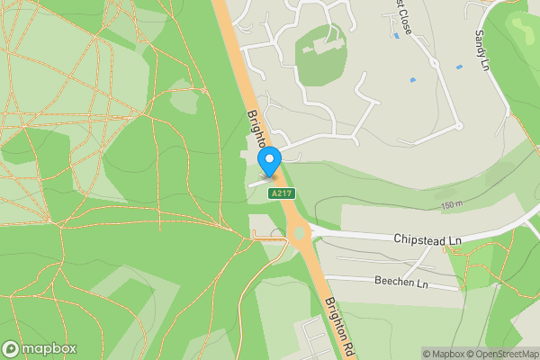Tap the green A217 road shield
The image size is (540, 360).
point(282,193)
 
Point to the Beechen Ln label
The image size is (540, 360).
point(398,282)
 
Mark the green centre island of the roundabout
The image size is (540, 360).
point(300,234)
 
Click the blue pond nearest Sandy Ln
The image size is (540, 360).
point(461,67)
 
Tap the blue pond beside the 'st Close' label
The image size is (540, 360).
point(396,36)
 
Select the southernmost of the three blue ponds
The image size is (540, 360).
point(412,80)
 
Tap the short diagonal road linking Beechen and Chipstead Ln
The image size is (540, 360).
point(415,265)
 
